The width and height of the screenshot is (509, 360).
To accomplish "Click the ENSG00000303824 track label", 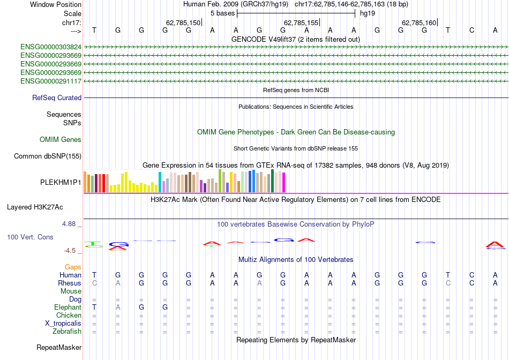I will [x=51, y=47].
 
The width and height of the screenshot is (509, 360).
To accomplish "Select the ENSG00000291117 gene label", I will [x=51, y=81].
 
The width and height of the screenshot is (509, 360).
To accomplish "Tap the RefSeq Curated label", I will [x=57, y=98].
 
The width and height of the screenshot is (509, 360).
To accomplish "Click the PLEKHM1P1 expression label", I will [x=61, y=182].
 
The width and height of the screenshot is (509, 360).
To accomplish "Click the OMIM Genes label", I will [x=61, y=140].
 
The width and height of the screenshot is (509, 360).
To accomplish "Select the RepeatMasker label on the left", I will [x=59, y=348].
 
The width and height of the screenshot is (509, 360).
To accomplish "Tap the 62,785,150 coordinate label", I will [x=183, y=23].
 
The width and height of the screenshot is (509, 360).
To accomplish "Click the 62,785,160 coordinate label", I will [x=418, y=23].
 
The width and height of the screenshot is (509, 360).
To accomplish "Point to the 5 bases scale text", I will [x=222, y=13].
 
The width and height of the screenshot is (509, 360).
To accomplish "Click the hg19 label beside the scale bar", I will [x=368, y=13].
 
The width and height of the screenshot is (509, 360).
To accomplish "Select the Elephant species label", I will [x=68, y=307].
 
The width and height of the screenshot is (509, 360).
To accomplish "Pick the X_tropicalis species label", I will [x=63, y=324].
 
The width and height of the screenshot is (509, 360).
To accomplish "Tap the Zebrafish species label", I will [x=66, y=332].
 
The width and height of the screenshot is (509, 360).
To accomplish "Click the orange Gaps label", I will [x=73, y=267].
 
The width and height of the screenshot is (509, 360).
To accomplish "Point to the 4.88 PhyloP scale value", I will [x=70, y=224].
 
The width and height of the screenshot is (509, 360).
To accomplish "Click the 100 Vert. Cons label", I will [x=30, y=237].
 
